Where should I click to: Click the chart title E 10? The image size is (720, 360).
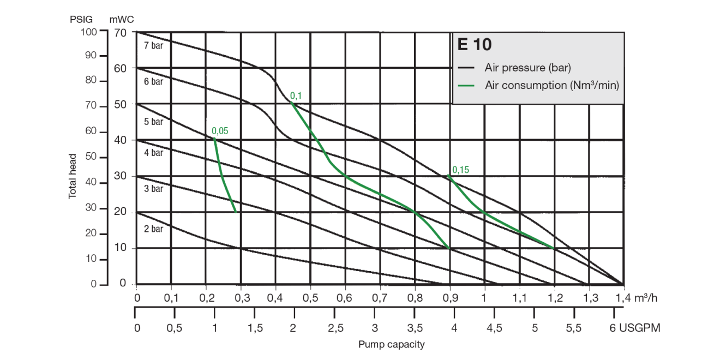[x=471, y=45]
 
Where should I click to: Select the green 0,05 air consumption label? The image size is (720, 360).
[x=220, y=131]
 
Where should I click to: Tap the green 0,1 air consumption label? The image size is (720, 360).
[x=296, y=96]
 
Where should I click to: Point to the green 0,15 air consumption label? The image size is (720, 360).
[x=460, y=170]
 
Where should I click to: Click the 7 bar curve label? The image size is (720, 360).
[x=153, y=46]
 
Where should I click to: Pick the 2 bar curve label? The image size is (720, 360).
[x=153, y=229]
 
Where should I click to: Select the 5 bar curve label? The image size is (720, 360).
[x=153, y=122]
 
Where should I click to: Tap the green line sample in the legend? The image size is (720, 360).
[x=469, y=85]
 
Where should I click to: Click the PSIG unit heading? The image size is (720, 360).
[x=82, y=19]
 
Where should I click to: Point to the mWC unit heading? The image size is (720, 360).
[x=122, y=19]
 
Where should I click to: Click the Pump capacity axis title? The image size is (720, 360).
[x=391, y=345]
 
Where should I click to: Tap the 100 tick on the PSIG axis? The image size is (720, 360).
[x=90, y=31]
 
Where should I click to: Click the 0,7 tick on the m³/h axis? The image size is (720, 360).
[x=380, y=298]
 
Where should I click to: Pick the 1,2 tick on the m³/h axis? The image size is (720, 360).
[x=554, y=298]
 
